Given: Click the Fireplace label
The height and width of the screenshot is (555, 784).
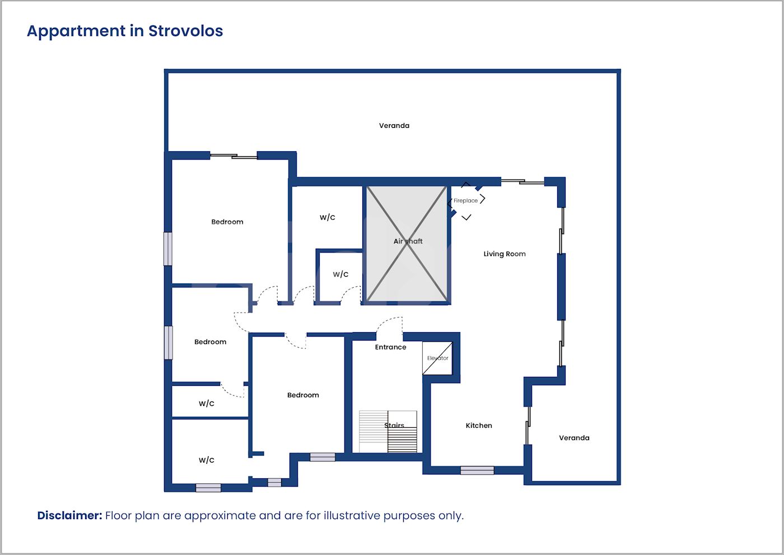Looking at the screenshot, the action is (x=465, y=200).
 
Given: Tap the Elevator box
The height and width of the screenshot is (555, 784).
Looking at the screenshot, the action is (x=437, y=358).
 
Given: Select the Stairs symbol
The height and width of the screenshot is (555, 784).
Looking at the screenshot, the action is (x=388, y=431).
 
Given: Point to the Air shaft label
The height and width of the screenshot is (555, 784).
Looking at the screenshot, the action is (x=408, y=241).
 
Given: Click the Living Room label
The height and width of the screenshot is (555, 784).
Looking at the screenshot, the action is (x=505, y=254).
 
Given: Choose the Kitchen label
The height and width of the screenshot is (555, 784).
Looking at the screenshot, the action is (x=479, y=426).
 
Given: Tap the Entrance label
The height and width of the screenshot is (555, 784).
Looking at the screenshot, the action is (x=391, y=347).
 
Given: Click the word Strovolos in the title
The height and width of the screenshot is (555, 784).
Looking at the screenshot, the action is (x=185, y=31).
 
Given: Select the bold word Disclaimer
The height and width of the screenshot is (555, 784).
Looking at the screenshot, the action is (x=69, y=515).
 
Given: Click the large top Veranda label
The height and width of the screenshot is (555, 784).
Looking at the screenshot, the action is (x=394, y=125).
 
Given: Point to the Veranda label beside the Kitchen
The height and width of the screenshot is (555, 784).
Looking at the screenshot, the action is (x=574, y=438).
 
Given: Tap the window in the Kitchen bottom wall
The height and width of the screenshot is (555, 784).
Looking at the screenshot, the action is (x=477, y=470).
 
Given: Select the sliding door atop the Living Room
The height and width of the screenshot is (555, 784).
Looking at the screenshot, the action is (x=522, y=181).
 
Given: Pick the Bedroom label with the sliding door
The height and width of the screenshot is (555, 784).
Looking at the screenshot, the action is (x=227, y=222).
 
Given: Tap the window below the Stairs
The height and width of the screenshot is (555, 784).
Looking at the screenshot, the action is (x=323, y=457).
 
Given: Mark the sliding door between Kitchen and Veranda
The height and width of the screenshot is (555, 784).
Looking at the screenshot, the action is (x=528, y=426).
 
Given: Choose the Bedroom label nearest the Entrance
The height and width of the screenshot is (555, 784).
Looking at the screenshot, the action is (x=303, y=395).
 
